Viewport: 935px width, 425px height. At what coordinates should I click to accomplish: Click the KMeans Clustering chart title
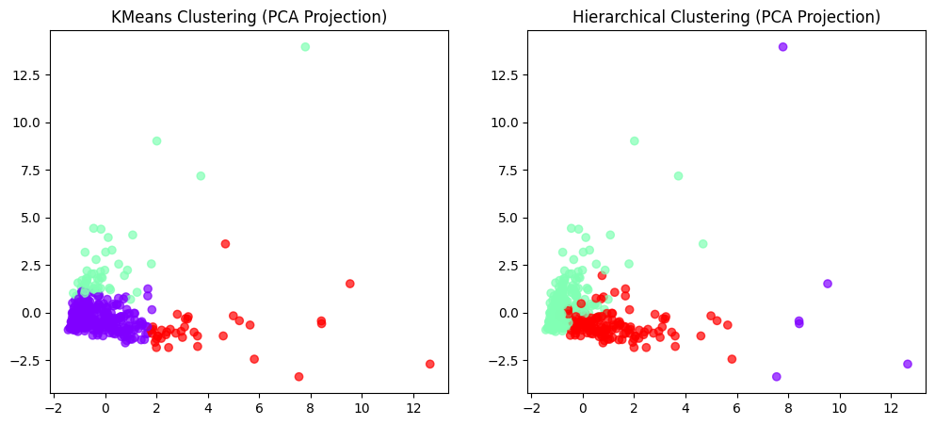coord(249,17)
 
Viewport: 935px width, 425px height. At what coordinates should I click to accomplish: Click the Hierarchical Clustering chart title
coord(726,17)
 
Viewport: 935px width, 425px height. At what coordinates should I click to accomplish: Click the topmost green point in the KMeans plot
coord(305,47)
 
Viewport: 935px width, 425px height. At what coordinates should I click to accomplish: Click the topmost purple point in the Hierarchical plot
coord(782,47)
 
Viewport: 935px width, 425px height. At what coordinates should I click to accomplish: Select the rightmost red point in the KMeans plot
coord(430,364)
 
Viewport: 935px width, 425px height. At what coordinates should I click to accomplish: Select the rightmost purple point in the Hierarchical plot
coord(908,364)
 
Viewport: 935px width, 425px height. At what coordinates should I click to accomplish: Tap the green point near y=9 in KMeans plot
coord(156,141)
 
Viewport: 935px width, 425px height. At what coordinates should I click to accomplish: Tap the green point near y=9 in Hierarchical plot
coord(635,141)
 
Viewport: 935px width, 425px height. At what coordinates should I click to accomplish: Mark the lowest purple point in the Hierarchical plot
coord(777,377)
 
